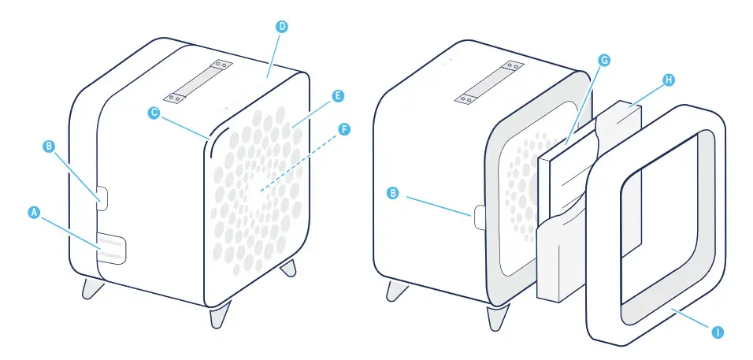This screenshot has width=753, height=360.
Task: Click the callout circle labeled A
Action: tap(33, 212)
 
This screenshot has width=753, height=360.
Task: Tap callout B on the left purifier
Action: tap(49, 146)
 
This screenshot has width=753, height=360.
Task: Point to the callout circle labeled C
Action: tap(155, 113)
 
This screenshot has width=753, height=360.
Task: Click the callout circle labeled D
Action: tap(282, 26)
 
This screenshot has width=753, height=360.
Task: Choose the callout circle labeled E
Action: tap(337, 96)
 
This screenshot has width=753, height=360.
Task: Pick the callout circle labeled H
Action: tap(669, 80)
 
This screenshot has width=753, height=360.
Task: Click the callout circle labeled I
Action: tap(717, 332)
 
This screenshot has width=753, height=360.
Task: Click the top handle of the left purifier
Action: tap(199, 80)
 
